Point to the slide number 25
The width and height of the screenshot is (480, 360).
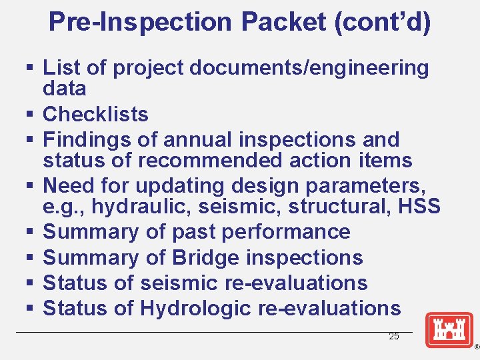click(394, 337)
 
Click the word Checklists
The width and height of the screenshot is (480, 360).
click(95, 114)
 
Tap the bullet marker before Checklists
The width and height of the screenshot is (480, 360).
click(31, 115)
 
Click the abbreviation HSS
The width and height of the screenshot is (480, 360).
click(418, 207)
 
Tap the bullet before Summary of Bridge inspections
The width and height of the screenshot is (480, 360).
click(31, 258)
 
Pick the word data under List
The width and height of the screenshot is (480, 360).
click(65, 88)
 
